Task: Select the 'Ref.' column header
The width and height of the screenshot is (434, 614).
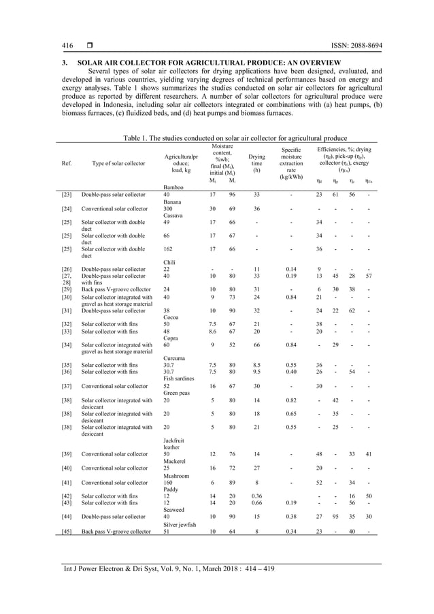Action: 67,163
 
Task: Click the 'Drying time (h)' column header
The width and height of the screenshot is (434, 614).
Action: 256,163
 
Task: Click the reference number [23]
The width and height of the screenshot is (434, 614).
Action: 67,194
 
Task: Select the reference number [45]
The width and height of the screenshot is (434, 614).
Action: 67,531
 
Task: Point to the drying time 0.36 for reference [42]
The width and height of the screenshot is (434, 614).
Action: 256,496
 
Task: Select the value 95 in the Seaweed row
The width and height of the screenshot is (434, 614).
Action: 335,517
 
